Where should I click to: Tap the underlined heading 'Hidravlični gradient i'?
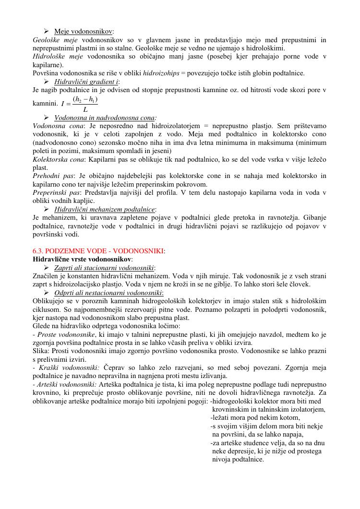84,82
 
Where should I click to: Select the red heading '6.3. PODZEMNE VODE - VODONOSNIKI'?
98,251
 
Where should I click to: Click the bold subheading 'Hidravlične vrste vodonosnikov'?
82,259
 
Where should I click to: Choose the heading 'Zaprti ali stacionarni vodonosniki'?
104,268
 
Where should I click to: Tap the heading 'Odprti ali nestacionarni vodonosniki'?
108,293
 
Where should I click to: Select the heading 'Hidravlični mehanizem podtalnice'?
105,210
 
